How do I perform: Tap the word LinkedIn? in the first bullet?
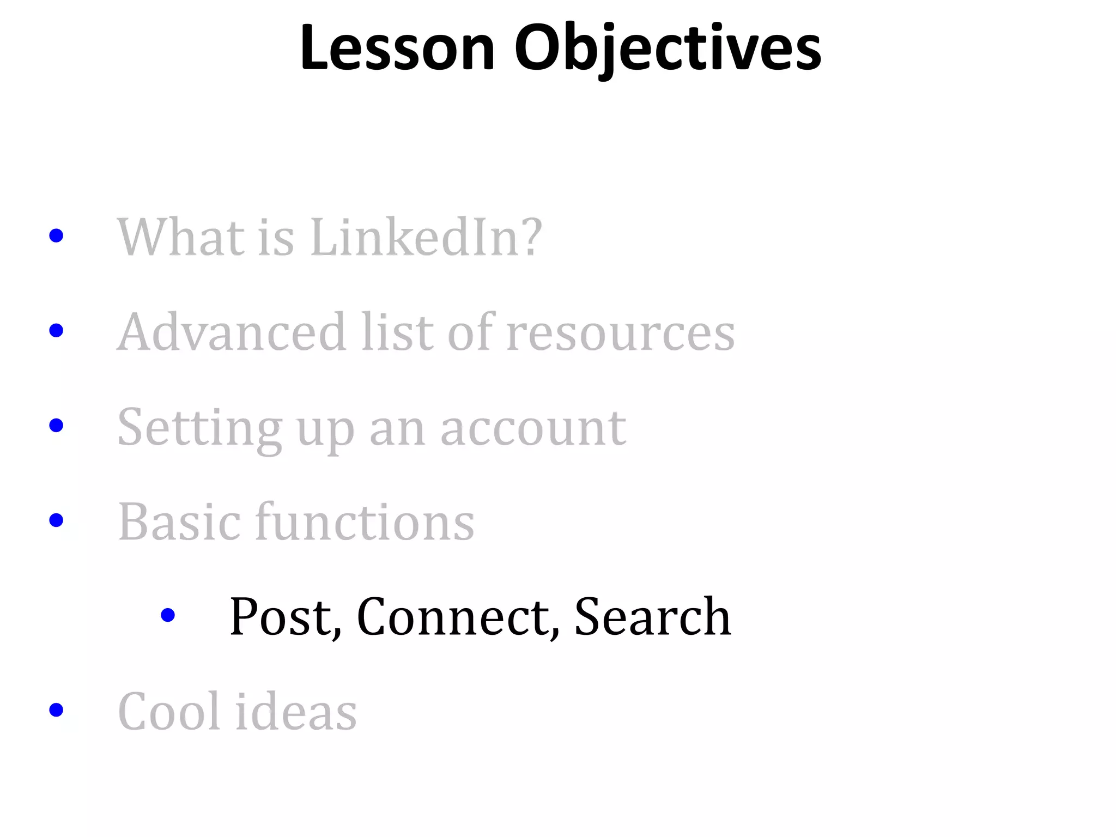click(426, 237)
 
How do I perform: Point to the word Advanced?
click(232, 332)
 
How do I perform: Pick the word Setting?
click(199, 428)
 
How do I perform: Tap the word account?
click(533, 428)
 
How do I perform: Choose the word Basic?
click(179, 522)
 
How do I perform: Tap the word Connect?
click(458, 616)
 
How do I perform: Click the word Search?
click(652, 616)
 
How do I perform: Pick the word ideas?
click(296, 711)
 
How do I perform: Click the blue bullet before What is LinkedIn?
click(56, 236)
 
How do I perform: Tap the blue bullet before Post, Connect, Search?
click(168, 615)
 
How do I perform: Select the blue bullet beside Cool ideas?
click(56, 710)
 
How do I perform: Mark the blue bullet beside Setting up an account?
click(56, 426)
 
